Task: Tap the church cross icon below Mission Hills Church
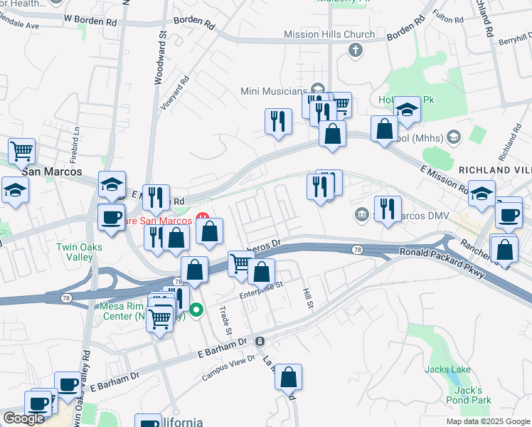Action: (355, 50)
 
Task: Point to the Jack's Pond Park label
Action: (470, 395)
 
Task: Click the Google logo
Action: (24, 418)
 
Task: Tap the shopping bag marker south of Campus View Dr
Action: (289, 378)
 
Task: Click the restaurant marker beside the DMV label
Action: (388, 210)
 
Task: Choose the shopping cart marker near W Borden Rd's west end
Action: (22, 152)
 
